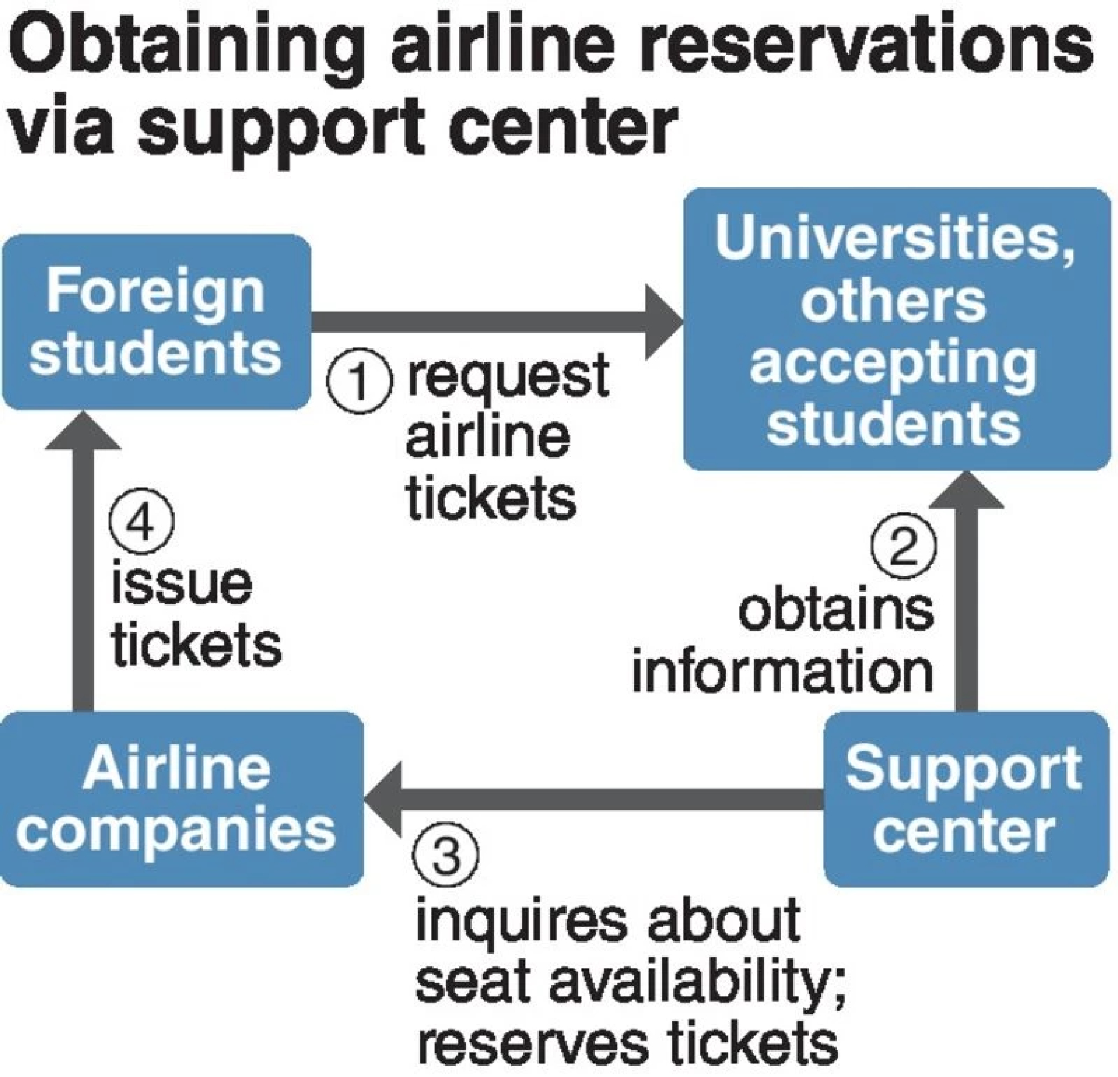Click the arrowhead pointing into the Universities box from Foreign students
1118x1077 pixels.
[x=665, y=322]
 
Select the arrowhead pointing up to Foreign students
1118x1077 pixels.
[x=83, y=432]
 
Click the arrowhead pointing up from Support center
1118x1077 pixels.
[x=967, y=491]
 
